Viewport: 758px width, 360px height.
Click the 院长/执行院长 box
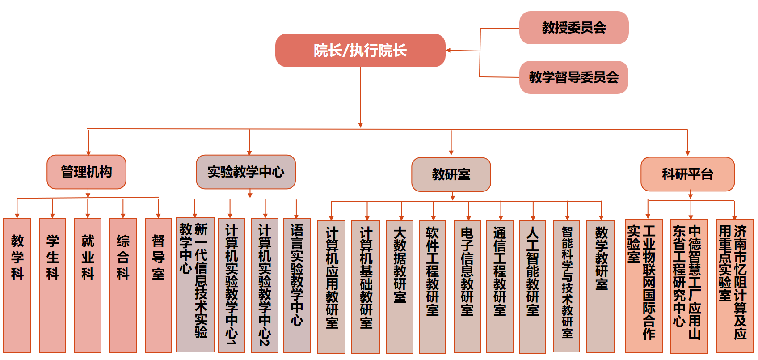click(x=360, y=50)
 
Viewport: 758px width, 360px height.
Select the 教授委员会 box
click(x=574, y=28)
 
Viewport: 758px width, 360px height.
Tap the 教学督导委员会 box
click(x=574, y=77)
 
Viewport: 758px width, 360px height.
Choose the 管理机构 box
click(x=86, y=172)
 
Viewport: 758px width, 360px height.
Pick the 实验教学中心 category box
click(x=246, y=172)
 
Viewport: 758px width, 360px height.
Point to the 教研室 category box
click(x=451, y=174)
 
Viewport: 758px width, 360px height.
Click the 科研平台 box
click(x=687, y=174)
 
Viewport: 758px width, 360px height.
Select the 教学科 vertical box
click(x=17, y=285)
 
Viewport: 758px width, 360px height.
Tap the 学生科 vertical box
click(x=52, y=285)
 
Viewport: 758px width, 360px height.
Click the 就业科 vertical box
click(x=88, y=285)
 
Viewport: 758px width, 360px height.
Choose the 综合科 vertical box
click(x=123, y=285)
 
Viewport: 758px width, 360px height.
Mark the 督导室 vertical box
click(x=158, y=285)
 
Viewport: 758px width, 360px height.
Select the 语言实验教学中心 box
click(x=297, y=285)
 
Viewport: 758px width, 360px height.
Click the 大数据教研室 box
click(x=400, y=287)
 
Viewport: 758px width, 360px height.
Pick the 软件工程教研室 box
click(x=432, y=287)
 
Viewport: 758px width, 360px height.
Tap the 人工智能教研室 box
click(x=532, y=287)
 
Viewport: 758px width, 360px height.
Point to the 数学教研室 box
click(x=602, y=287)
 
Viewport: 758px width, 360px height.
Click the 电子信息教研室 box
click(x=467, y=287)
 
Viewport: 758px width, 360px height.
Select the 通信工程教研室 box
click(x=500, y=287)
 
